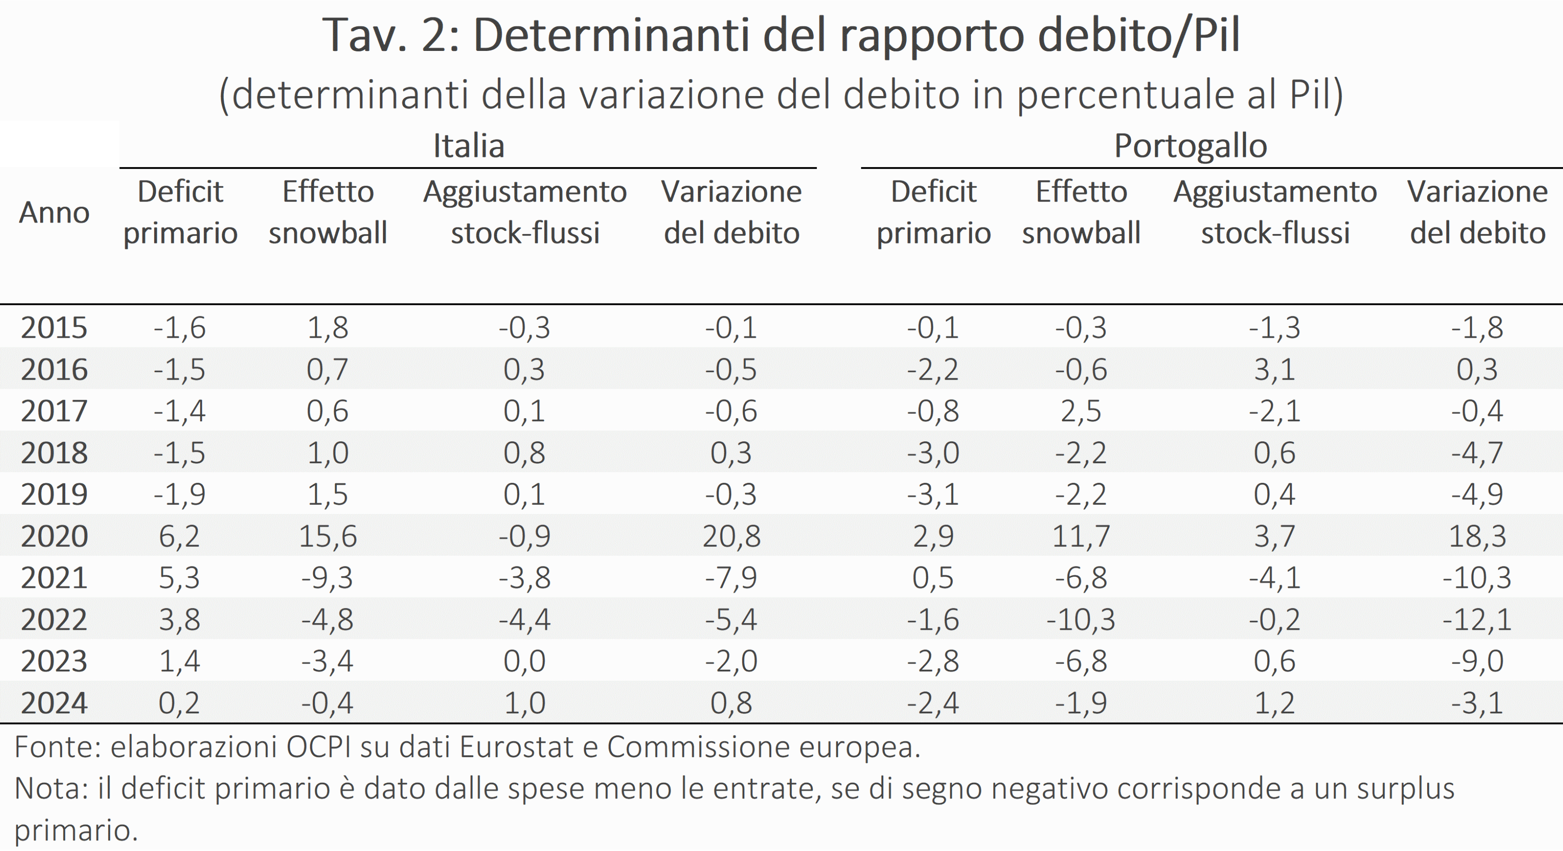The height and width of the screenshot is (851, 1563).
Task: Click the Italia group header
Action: click(x=468, y=146)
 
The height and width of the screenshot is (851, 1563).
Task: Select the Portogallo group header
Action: click(x=1190, y=146)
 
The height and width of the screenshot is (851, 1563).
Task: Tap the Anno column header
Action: click(x=54, y=212)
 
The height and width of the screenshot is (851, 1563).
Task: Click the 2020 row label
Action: click(x=54, y=536)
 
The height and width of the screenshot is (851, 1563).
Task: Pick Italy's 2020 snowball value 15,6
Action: click(x=328, y=536)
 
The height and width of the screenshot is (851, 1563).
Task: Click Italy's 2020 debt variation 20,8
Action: click(x=731, y=536)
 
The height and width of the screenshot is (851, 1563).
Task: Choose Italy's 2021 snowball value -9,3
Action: click(x=328, y=578)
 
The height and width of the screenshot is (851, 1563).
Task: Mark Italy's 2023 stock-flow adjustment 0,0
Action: click(x=524, y=661)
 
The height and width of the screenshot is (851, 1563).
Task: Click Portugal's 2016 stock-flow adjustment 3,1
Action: click(x=1274, y=369)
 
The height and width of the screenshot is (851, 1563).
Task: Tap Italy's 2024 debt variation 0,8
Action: click(x=731, y=703)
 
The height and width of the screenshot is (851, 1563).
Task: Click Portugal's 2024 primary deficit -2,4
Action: click(x=933, y=703)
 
